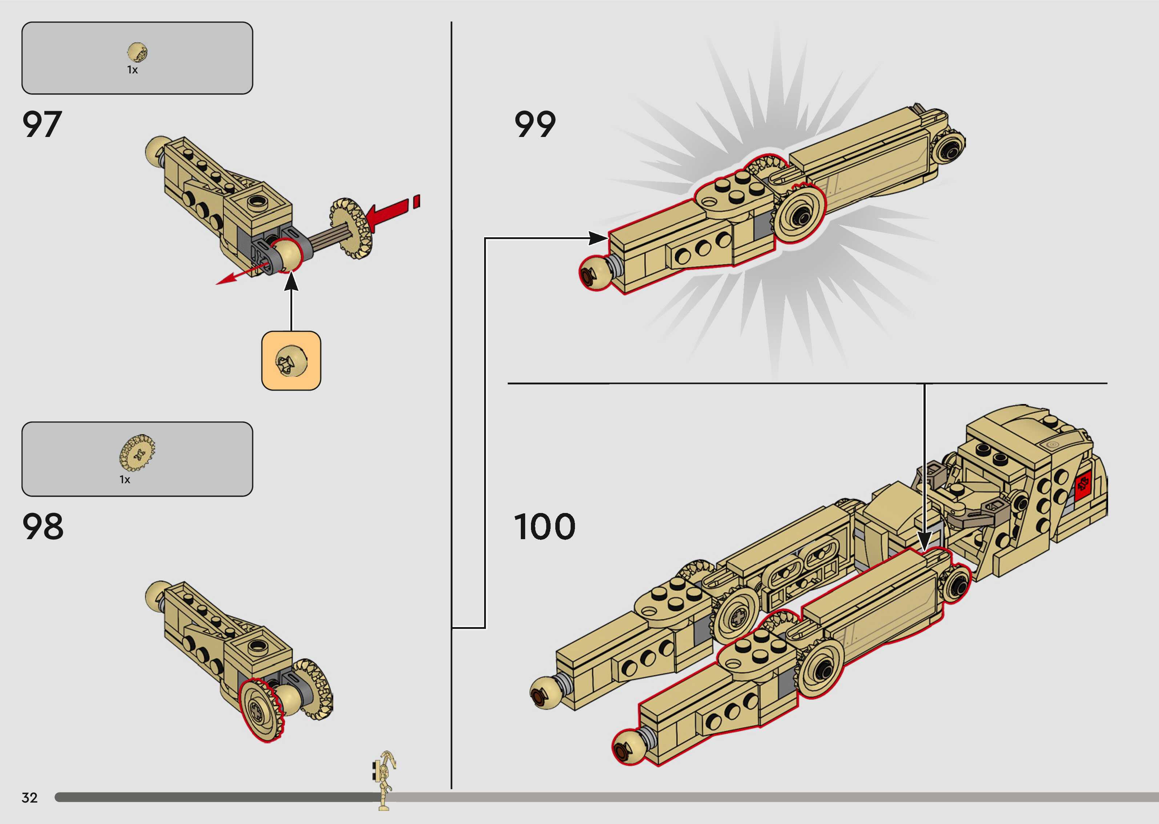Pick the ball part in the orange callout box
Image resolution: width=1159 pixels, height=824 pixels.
[x=291, y=361]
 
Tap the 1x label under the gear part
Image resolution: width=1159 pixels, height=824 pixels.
[x=125, y=480]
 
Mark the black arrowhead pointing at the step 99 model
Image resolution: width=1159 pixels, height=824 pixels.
[x=599, y=238]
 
